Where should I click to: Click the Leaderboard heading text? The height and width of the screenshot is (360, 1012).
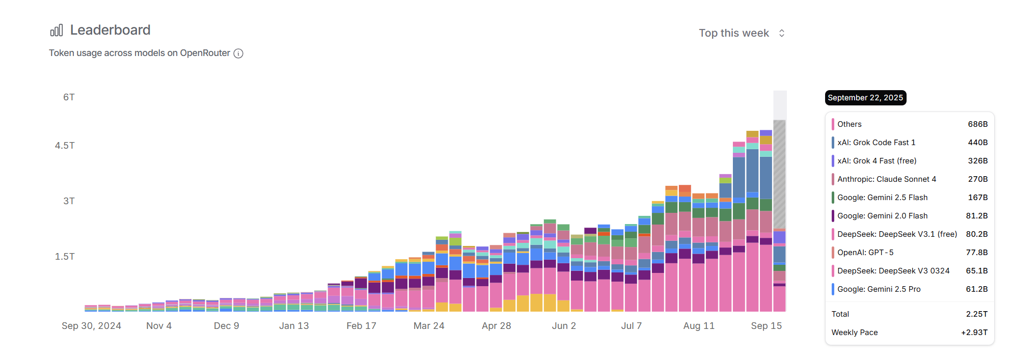(x=110, y=30)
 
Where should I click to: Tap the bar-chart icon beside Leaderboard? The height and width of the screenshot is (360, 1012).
(x=57, y=31)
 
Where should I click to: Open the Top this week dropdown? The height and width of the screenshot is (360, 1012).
(x=742, y=33)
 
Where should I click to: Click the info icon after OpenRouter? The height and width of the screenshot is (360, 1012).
(x=238, y=53)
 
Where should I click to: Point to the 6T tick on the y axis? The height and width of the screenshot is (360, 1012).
(x=69, y=97)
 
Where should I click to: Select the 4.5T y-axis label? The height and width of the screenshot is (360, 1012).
(x=65, y=146)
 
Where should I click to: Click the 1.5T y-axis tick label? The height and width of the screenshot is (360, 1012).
(x=65, y=257)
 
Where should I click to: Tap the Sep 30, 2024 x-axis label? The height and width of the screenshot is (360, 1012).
(x=91, y=326)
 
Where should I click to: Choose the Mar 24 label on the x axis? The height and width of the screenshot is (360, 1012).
(x=429, y=326)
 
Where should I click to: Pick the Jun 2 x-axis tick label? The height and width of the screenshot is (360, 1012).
(x=564, y=326)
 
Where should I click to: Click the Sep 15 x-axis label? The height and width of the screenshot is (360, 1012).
(x=766, y=326)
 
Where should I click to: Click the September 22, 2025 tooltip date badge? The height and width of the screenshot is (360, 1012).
(x=865, y=98)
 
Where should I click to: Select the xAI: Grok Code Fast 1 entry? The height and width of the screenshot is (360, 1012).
(x=876, y=143)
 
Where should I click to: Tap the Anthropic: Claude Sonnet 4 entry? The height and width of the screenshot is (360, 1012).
(x=886, y=179)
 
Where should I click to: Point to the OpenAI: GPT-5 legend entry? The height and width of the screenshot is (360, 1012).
(x=865, y=253)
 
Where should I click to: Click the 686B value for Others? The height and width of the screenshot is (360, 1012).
(x=977, y=124)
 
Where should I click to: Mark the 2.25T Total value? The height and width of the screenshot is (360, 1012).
(x=976, y=314)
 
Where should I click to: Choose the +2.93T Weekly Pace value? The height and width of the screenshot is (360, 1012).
(x=974, y=333)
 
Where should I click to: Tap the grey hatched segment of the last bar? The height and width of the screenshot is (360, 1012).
(x=779, y=173)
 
